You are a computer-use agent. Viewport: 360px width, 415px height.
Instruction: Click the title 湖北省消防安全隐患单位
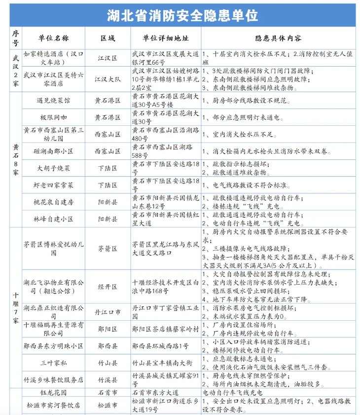click(x=182, y=15)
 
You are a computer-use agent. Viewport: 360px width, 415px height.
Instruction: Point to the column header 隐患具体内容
click(x=278, y=38)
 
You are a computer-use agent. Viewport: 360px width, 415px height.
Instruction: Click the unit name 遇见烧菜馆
click(x=54, y=100)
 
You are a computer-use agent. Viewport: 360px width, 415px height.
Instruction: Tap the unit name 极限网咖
click(x=54, y=117)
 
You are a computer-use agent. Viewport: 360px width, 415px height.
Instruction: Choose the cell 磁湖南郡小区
click(x=54, y=151)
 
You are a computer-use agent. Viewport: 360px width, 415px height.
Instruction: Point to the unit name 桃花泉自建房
click(x=54, y=202)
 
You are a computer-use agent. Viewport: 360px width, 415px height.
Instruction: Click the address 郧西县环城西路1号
click(x=160, y=345)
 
